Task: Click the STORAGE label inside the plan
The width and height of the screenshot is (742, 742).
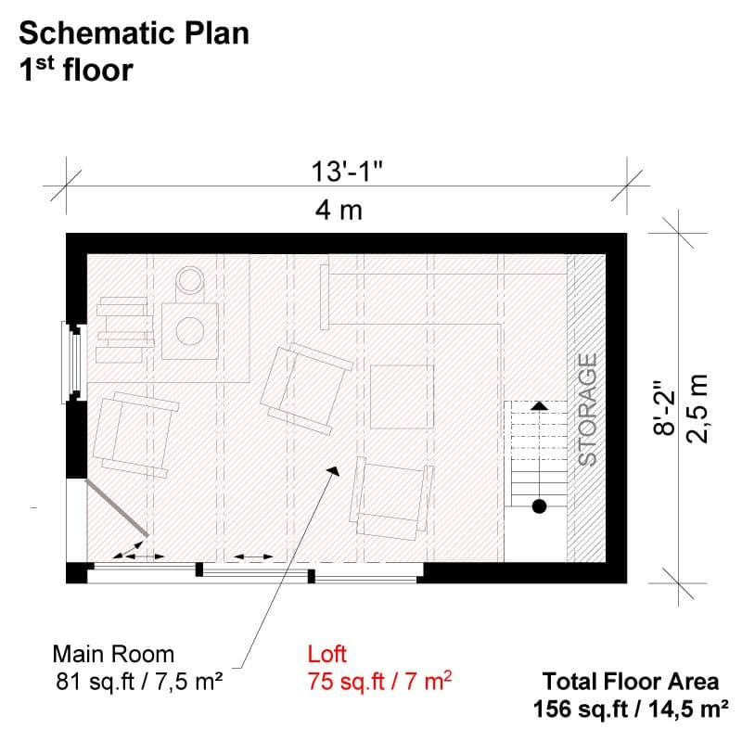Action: (x=588, y=410)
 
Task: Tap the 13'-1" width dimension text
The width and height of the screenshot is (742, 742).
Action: (x=346, y=172)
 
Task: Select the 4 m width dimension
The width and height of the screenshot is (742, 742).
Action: (x=339, y=211)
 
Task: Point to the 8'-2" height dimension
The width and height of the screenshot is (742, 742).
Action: (x=663, y=407)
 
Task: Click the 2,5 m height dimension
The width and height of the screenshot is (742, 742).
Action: (x=697, y=409)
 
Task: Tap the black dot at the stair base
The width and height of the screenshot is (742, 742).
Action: (x=539, y=506)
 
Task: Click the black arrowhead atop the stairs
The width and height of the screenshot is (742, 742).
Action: (x=539, y=405)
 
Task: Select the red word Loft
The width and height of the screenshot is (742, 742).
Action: (x=327, y=654)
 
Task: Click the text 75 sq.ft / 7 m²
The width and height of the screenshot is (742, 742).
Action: (x=379, y=682)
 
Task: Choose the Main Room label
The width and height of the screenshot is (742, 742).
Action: (x=113, y=654)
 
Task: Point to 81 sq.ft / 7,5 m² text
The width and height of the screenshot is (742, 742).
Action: (x=139, y=682)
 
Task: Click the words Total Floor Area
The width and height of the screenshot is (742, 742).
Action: (x=631, y=682)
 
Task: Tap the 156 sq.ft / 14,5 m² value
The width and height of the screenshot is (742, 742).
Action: (x=631, y=709)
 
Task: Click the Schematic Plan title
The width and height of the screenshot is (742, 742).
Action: (x=134, y=33)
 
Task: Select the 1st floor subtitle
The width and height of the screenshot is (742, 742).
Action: (x=76, y=70)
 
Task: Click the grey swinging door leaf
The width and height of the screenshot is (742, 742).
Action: (x=117, y=508)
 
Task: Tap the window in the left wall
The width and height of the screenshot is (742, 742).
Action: (x=72, y=362)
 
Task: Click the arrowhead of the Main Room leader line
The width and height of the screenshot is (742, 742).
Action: (x=334, y=470)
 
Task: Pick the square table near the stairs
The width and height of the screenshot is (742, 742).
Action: (x=402, y=397)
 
